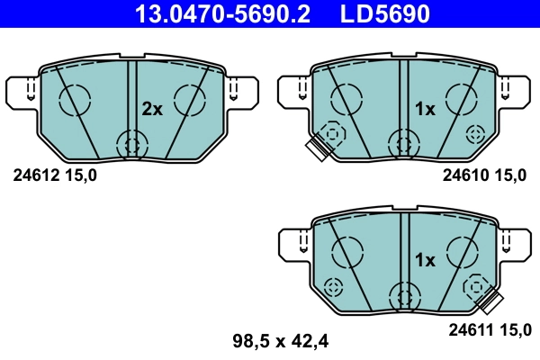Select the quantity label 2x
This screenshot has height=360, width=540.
click(x=152, y=110)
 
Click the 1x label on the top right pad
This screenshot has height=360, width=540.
click(x=424, y=110)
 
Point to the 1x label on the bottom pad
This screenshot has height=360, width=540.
click(x=424, y=261)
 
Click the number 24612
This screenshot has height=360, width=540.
click(x=34, y=175)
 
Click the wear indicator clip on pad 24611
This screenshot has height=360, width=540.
click(x=490, y=302)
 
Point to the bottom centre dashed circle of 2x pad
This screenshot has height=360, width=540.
click(x=132, y=143)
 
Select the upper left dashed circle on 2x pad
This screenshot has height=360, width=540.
click(x=73, y=98)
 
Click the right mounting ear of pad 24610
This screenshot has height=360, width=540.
click(x=515, y=91)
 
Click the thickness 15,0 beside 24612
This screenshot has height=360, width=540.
click(x=78, y=175)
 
